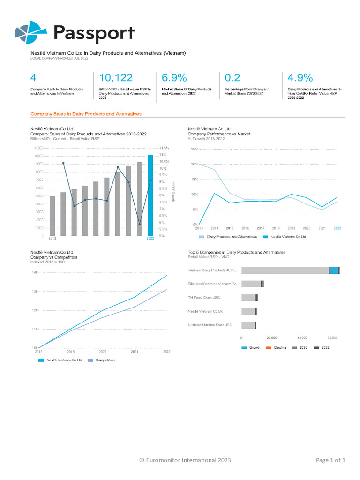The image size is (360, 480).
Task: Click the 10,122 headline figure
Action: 116,78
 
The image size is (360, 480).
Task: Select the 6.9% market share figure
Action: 174,78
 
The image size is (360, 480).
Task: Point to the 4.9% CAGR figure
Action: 300,78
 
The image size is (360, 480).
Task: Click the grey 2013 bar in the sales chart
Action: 52,216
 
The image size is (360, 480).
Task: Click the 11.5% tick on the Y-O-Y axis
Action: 164,148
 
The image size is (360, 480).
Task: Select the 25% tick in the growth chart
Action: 194,149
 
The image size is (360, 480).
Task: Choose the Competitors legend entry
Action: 105,360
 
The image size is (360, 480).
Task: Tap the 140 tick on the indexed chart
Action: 34,272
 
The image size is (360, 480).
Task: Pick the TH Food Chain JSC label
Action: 204,298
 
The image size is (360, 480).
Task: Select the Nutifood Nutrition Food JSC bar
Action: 248,325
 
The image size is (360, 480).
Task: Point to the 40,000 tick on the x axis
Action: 302,337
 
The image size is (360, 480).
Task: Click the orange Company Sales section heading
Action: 86,114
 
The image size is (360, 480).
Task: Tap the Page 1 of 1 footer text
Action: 330,460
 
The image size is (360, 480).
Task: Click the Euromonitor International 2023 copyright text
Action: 185,460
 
